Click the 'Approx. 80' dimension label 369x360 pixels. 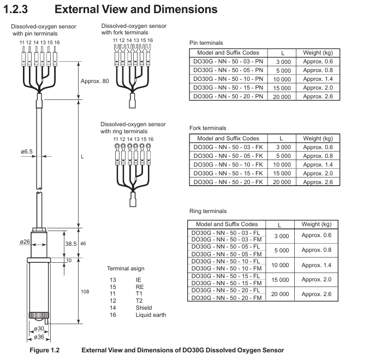(94, 81)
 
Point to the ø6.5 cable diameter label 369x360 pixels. (27, 151)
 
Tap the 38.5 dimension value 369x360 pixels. (71, 244)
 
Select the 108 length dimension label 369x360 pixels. (85, 292)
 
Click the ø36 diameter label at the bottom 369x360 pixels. (39, 337)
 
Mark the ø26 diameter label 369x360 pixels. (25, 242)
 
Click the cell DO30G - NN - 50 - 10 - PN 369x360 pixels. (228, 79)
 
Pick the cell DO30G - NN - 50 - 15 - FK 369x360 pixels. (228, 173)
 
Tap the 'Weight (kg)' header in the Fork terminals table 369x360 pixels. (318, 138)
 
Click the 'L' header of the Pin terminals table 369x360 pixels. (283, 53)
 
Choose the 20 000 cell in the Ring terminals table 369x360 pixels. (280, 294)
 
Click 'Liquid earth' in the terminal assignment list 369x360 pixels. (151, 315)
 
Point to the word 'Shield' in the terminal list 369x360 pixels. (144, 308)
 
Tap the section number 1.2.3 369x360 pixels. (15, 9)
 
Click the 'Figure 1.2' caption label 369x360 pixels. (44, 350)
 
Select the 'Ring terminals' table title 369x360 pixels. (208, 211)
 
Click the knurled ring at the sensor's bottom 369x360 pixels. (39, 315)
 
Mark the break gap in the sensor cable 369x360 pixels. (39, 191)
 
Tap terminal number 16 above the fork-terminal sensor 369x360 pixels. (150, 40)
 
